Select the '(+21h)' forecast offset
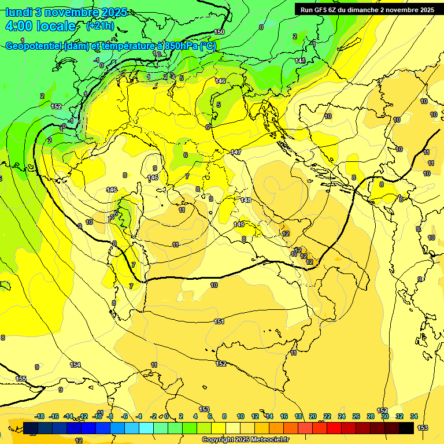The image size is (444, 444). point(100,26)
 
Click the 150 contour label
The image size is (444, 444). point(219,32)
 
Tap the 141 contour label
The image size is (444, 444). point(300,61)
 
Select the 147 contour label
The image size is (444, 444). point(236,152)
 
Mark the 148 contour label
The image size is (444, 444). point(246,200)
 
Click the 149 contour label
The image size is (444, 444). point(239,224)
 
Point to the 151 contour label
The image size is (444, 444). point(219,322)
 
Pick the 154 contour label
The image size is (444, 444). point(75,365)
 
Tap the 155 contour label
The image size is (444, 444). point(21,379)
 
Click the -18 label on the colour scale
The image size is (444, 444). point(39,416)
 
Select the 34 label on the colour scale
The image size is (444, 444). point(414,416)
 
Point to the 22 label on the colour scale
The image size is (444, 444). point(327,416)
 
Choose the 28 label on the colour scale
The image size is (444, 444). point(371,416)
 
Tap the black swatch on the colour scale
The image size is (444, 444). point(406,428)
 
